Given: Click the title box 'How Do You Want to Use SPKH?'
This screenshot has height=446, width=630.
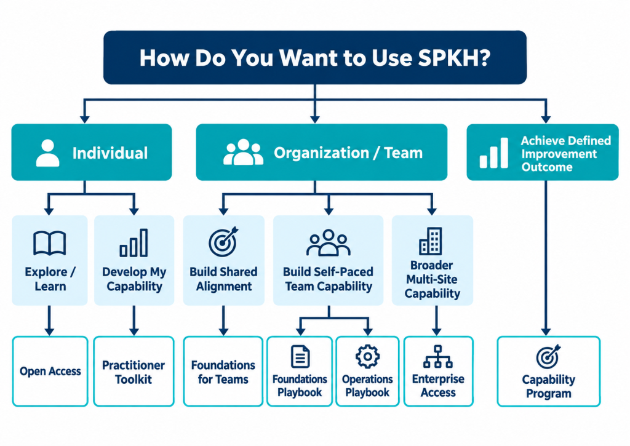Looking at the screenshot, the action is point(315,57).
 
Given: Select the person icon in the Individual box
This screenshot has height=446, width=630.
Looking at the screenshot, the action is point(48,153).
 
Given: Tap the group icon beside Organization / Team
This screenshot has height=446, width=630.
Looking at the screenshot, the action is point(243,153).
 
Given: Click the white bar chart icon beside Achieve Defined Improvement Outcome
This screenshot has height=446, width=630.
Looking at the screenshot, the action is point(494,153).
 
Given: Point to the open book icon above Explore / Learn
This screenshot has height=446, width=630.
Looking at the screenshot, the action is point(49,243).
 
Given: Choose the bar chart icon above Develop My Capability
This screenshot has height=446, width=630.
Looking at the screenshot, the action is point(134,243).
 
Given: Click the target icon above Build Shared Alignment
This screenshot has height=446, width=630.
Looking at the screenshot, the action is point(223,242).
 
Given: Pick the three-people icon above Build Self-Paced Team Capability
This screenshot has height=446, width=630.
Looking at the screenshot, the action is point(329,243).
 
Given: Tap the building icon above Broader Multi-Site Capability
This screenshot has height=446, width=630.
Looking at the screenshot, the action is point(431,241).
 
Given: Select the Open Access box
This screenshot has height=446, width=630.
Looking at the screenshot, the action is point(50,372).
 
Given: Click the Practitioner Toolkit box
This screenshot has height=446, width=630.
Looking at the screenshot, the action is point(134,372).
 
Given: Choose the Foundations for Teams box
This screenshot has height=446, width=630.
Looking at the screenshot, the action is point(223,372).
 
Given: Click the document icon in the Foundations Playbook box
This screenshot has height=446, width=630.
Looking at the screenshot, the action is point(300,356).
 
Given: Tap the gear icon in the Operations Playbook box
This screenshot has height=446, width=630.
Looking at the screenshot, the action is point(367,356).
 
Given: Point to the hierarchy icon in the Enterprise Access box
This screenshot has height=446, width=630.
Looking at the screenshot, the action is point(438,356).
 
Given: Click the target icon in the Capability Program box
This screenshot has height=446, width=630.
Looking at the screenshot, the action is point(548,357).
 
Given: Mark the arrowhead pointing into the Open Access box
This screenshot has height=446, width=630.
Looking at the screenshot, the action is point(49,331).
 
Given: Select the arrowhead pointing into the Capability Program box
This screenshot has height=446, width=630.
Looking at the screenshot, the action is point(546,331).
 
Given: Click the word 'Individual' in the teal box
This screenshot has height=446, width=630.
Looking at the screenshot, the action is point(110,153).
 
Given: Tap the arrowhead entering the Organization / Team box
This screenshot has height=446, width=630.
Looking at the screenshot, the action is point(315,119).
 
